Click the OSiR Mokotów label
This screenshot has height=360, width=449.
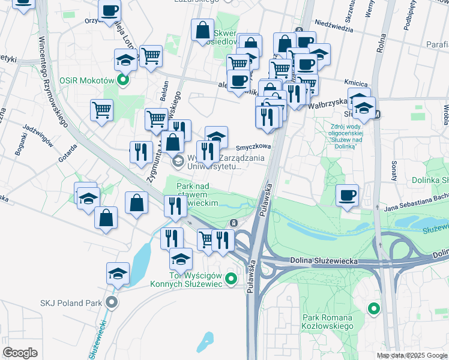[x=87, y=80]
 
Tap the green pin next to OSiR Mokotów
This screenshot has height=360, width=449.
[x=124, y=80]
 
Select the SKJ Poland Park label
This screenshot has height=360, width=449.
[x=71, y=302]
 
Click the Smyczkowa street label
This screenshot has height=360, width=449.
[x=253, y=146]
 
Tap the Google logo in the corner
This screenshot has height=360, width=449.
[x=20, y=353]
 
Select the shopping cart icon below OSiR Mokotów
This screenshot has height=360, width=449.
[x=102, y=110]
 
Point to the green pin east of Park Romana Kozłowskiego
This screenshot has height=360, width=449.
[x=374, y=309]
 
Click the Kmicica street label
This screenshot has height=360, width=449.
[x=355, y=82]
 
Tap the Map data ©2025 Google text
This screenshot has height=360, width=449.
[x=412, y=355]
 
